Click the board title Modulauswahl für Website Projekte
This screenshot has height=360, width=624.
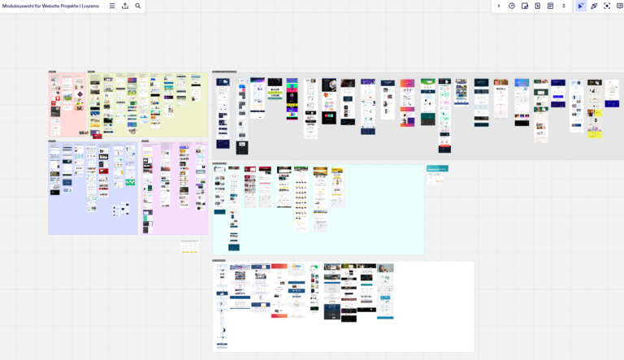coord(50,6)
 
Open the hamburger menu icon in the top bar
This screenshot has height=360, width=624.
coord(112,6)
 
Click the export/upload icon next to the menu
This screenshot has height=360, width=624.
coord(125,6)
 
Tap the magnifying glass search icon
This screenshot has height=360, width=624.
coord(138,6)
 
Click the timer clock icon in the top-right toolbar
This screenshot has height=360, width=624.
coord(512,6)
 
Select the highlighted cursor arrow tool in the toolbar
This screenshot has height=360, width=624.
coord(580,6)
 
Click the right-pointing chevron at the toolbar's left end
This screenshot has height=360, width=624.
coord(499,6)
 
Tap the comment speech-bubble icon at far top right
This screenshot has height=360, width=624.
coord(619,6)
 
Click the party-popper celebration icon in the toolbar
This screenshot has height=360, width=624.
coord(594,6)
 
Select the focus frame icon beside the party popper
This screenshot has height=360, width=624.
coord(607,6)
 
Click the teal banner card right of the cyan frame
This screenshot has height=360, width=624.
coord(437,169)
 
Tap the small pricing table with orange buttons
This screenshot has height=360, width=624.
coord(190,245)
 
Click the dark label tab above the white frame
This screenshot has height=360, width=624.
coord(219,260)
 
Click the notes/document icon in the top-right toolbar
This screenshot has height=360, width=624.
coord(550,6)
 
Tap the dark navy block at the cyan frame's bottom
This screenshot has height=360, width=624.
coord(234,247)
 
